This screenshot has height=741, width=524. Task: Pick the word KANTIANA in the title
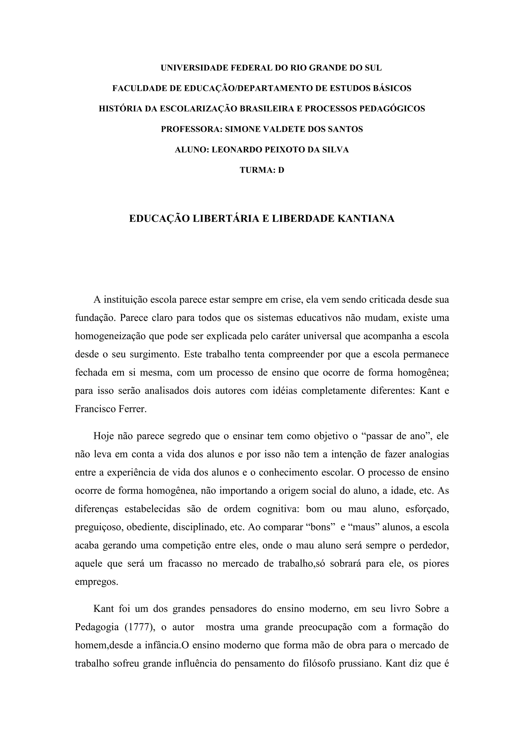click(x=366, y=219)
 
